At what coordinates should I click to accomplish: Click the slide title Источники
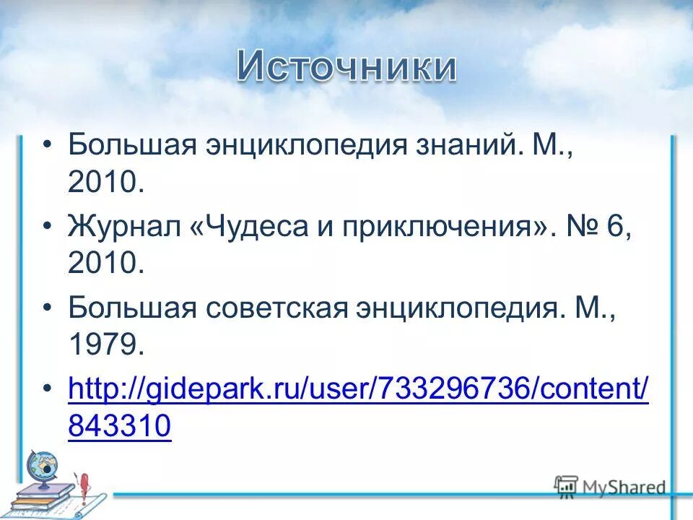coord(346,68)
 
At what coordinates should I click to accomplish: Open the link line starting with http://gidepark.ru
coord(358,390)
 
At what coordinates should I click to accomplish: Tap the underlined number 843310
coord(120,428)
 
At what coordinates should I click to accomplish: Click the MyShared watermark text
coord(625,487)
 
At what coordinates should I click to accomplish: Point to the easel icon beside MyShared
coord(567,487)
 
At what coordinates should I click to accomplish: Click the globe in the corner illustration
coord(42,467)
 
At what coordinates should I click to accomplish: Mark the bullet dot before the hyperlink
coord(48,391)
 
